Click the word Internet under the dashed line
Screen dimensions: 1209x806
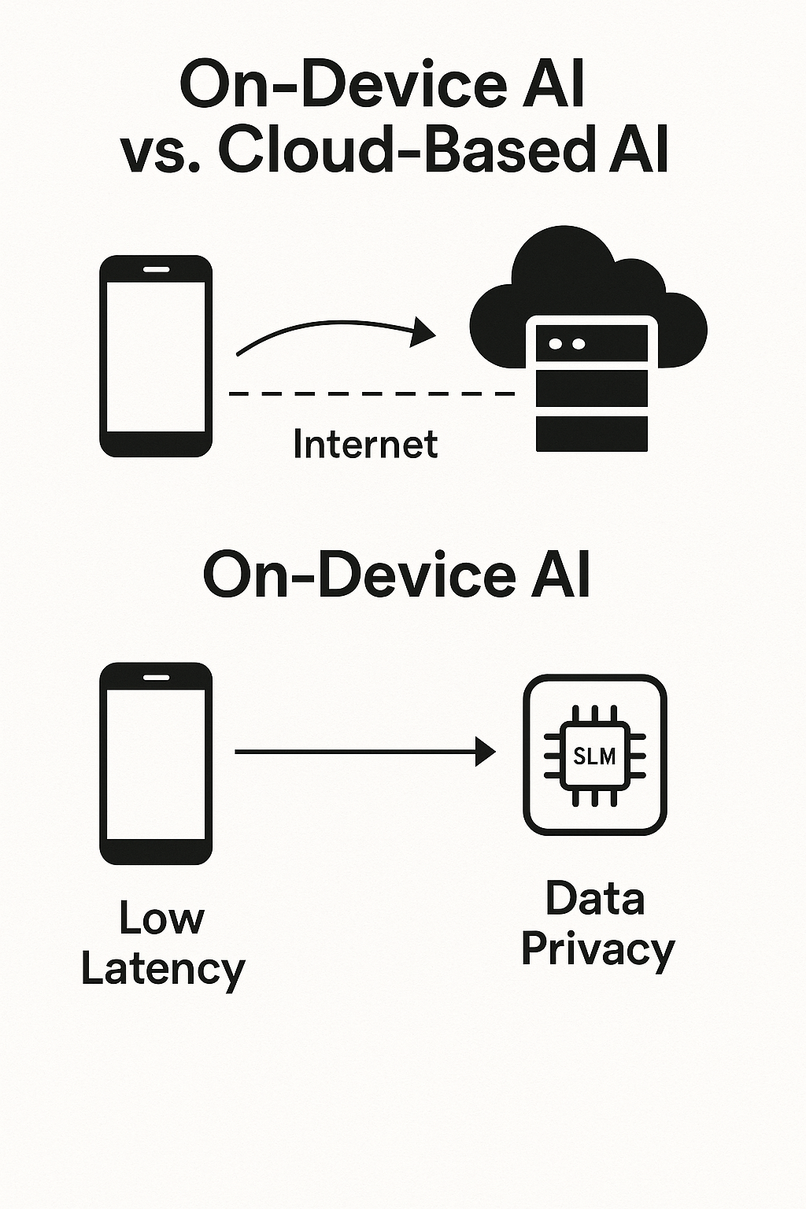(x=365, y=444)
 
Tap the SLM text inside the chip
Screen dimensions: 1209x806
(x=594, y=756)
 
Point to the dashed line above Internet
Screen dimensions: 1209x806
(x=370, y=393)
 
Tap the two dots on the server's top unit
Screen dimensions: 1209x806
(x=567, y=344)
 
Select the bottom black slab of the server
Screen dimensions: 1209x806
(x=592, y=434)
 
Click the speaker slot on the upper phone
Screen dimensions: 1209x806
(x=156, y=269)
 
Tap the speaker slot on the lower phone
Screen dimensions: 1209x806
(x=156, y=677)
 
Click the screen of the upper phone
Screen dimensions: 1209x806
(x=156, y=356)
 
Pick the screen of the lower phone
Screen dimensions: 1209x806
(x=156, y=763)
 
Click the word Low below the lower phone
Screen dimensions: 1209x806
(x=161, y=918)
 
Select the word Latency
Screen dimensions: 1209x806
(x=163, y=969)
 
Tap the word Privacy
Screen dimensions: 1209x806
(x=597, y=949)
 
